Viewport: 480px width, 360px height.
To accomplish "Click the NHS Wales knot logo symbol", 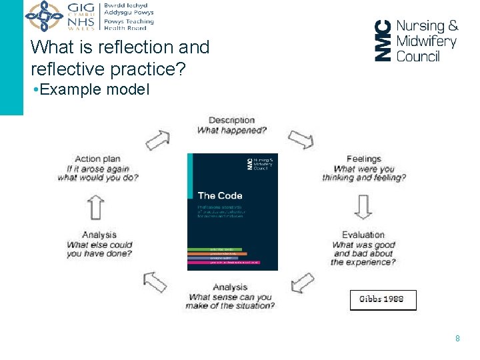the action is pos(45,15).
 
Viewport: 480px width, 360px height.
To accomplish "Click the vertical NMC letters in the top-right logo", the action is pos(382,40).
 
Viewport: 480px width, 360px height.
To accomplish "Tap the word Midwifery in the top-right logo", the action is pos(427,41).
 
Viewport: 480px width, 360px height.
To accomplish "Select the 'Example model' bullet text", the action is pos(94,89).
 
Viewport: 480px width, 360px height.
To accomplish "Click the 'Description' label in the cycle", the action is pos(231,120).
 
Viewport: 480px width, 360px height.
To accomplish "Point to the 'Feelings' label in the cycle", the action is pos(363,159).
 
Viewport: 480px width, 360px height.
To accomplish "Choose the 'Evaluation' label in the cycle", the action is pos(363,235).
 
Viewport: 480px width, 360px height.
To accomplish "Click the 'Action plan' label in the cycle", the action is pos(97,159).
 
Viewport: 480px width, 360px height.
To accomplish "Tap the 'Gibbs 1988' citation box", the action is pos(383,299).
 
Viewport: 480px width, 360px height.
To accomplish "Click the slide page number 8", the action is pos(457,339).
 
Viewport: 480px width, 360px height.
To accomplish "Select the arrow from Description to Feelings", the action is pos(302,139).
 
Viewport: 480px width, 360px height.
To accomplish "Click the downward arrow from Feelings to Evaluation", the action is pos(363,207).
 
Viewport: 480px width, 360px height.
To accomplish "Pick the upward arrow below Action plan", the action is pos(97,207).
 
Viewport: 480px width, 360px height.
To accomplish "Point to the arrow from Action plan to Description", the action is pos(158,139).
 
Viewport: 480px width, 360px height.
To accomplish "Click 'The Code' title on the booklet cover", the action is pos(220,195).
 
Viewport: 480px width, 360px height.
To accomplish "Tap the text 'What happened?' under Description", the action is pos(231,131).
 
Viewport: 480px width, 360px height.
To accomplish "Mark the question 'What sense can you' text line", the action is pos(231,297).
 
